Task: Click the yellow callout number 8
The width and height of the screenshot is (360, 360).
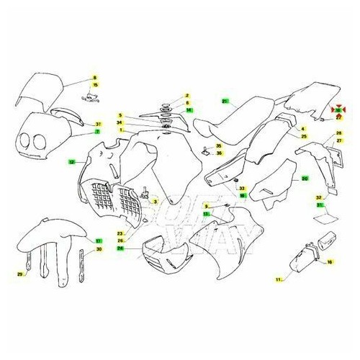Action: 94,77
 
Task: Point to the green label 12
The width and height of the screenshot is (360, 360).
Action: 71,163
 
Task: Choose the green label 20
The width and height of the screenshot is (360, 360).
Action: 305,177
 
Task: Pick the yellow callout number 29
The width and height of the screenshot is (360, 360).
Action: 21,274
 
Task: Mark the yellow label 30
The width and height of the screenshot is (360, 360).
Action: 99,249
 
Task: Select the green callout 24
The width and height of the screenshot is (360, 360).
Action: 120,247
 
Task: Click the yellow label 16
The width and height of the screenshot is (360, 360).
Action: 330,262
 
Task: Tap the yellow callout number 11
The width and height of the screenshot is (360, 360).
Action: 277,277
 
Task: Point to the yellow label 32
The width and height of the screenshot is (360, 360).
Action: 319,197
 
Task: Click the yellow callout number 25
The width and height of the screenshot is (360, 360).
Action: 305,136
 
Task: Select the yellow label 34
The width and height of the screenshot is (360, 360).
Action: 120,122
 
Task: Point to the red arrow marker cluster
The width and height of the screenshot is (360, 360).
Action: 338,110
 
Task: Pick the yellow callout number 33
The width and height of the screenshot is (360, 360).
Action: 242,188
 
